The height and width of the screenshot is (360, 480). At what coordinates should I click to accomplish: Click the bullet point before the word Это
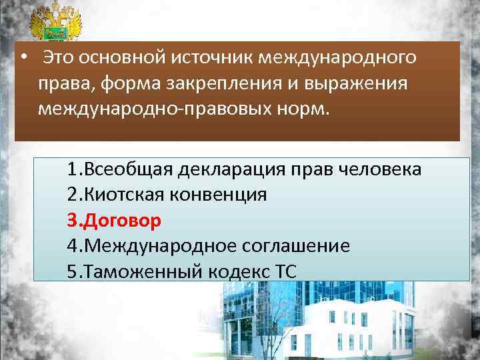(23, 58)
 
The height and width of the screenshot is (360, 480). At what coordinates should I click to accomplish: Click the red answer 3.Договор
(114, 220)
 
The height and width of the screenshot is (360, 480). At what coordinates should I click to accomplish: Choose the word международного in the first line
(338, 58)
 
